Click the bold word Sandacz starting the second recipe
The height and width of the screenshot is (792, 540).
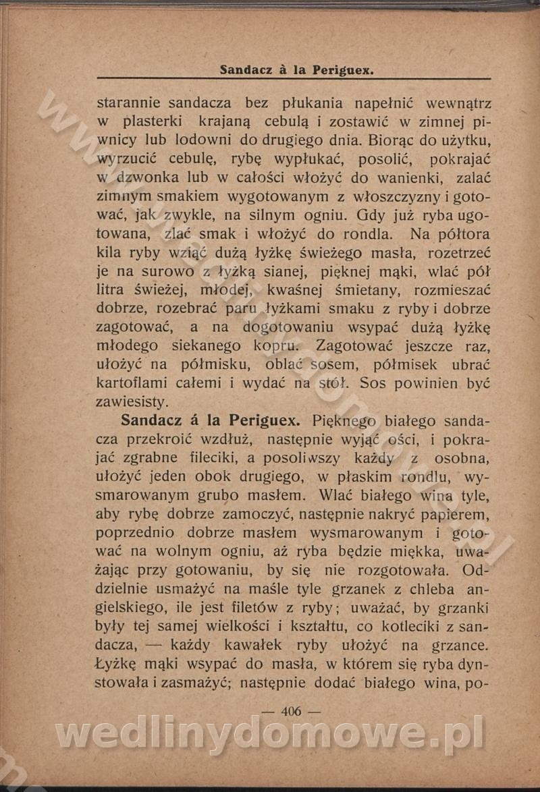(154, 420)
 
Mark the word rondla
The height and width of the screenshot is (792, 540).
(364, 235)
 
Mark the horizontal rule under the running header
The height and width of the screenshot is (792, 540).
(294, 80)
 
